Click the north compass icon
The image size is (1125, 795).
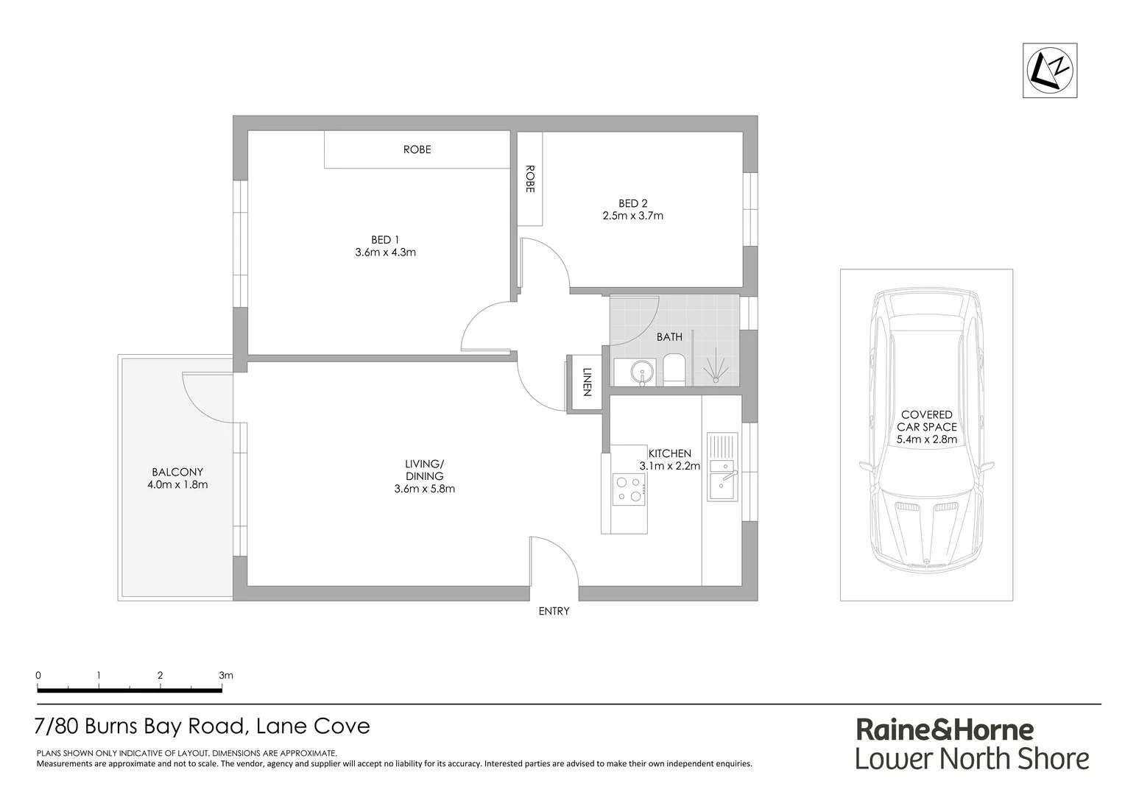pos(1051,70)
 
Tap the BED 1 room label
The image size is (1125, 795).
pos(385,240)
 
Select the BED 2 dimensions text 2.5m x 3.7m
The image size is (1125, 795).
pos(632,216)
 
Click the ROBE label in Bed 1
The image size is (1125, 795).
pos(417,149)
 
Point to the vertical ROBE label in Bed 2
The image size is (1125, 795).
pos(529,179)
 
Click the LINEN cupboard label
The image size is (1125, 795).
pos(587,382)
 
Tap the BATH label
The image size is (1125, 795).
pos(669,337)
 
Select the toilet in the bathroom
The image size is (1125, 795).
pos(674,370)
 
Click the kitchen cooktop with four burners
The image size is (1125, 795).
pos(629,490)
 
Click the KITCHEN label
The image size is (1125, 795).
pos(669,453)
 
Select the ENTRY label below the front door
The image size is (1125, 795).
pos(554,611)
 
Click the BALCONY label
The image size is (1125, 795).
pos(177,472)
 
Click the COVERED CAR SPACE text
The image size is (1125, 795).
pos(926,421)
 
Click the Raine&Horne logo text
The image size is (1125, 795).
pos(944,729)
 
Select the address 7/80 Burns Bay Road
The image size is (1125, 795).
pos(139,727)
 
